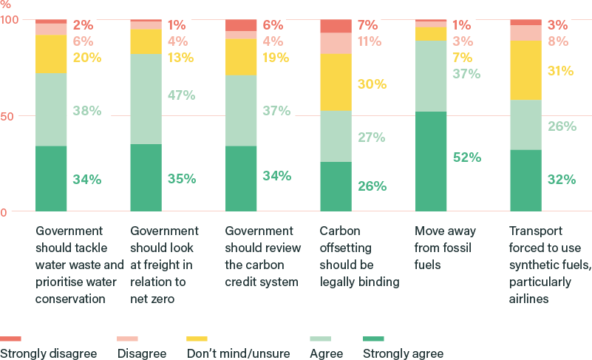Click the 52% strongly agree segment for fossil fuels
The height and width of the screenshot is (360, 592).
coord(430,161)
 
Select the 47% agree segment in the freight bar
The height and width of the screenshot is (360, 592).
coord(146,98)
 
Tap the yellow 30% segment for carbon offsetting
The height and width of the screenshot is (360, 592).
coord(336,82)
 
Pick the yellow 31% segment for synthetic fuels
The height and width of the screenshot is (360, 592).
coord(525,70)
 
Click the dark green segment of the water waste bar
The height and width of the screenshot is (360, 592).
coord(51,178)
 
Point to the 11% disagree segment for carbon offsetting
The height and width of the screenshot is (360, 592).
coord(336,44)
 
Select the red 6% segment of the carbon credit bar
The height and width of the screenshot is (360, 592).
coord(240,25)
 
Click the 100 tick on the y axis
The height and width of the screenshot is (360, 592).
coord(10,20)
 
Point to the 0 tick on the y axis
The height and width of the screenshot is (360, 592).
coord(4,212)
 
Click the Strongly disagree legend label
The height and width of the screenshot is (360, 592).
coord(49,353)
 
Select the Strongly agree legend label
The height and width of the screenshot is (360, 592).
coord(403,353)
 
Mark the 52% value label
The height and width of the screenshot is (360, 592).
coord(467,157)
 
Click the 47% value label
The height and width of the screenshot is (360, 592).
coord(180,95)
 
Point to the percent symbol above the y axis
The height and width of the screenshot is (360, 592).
coord(5,5)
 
